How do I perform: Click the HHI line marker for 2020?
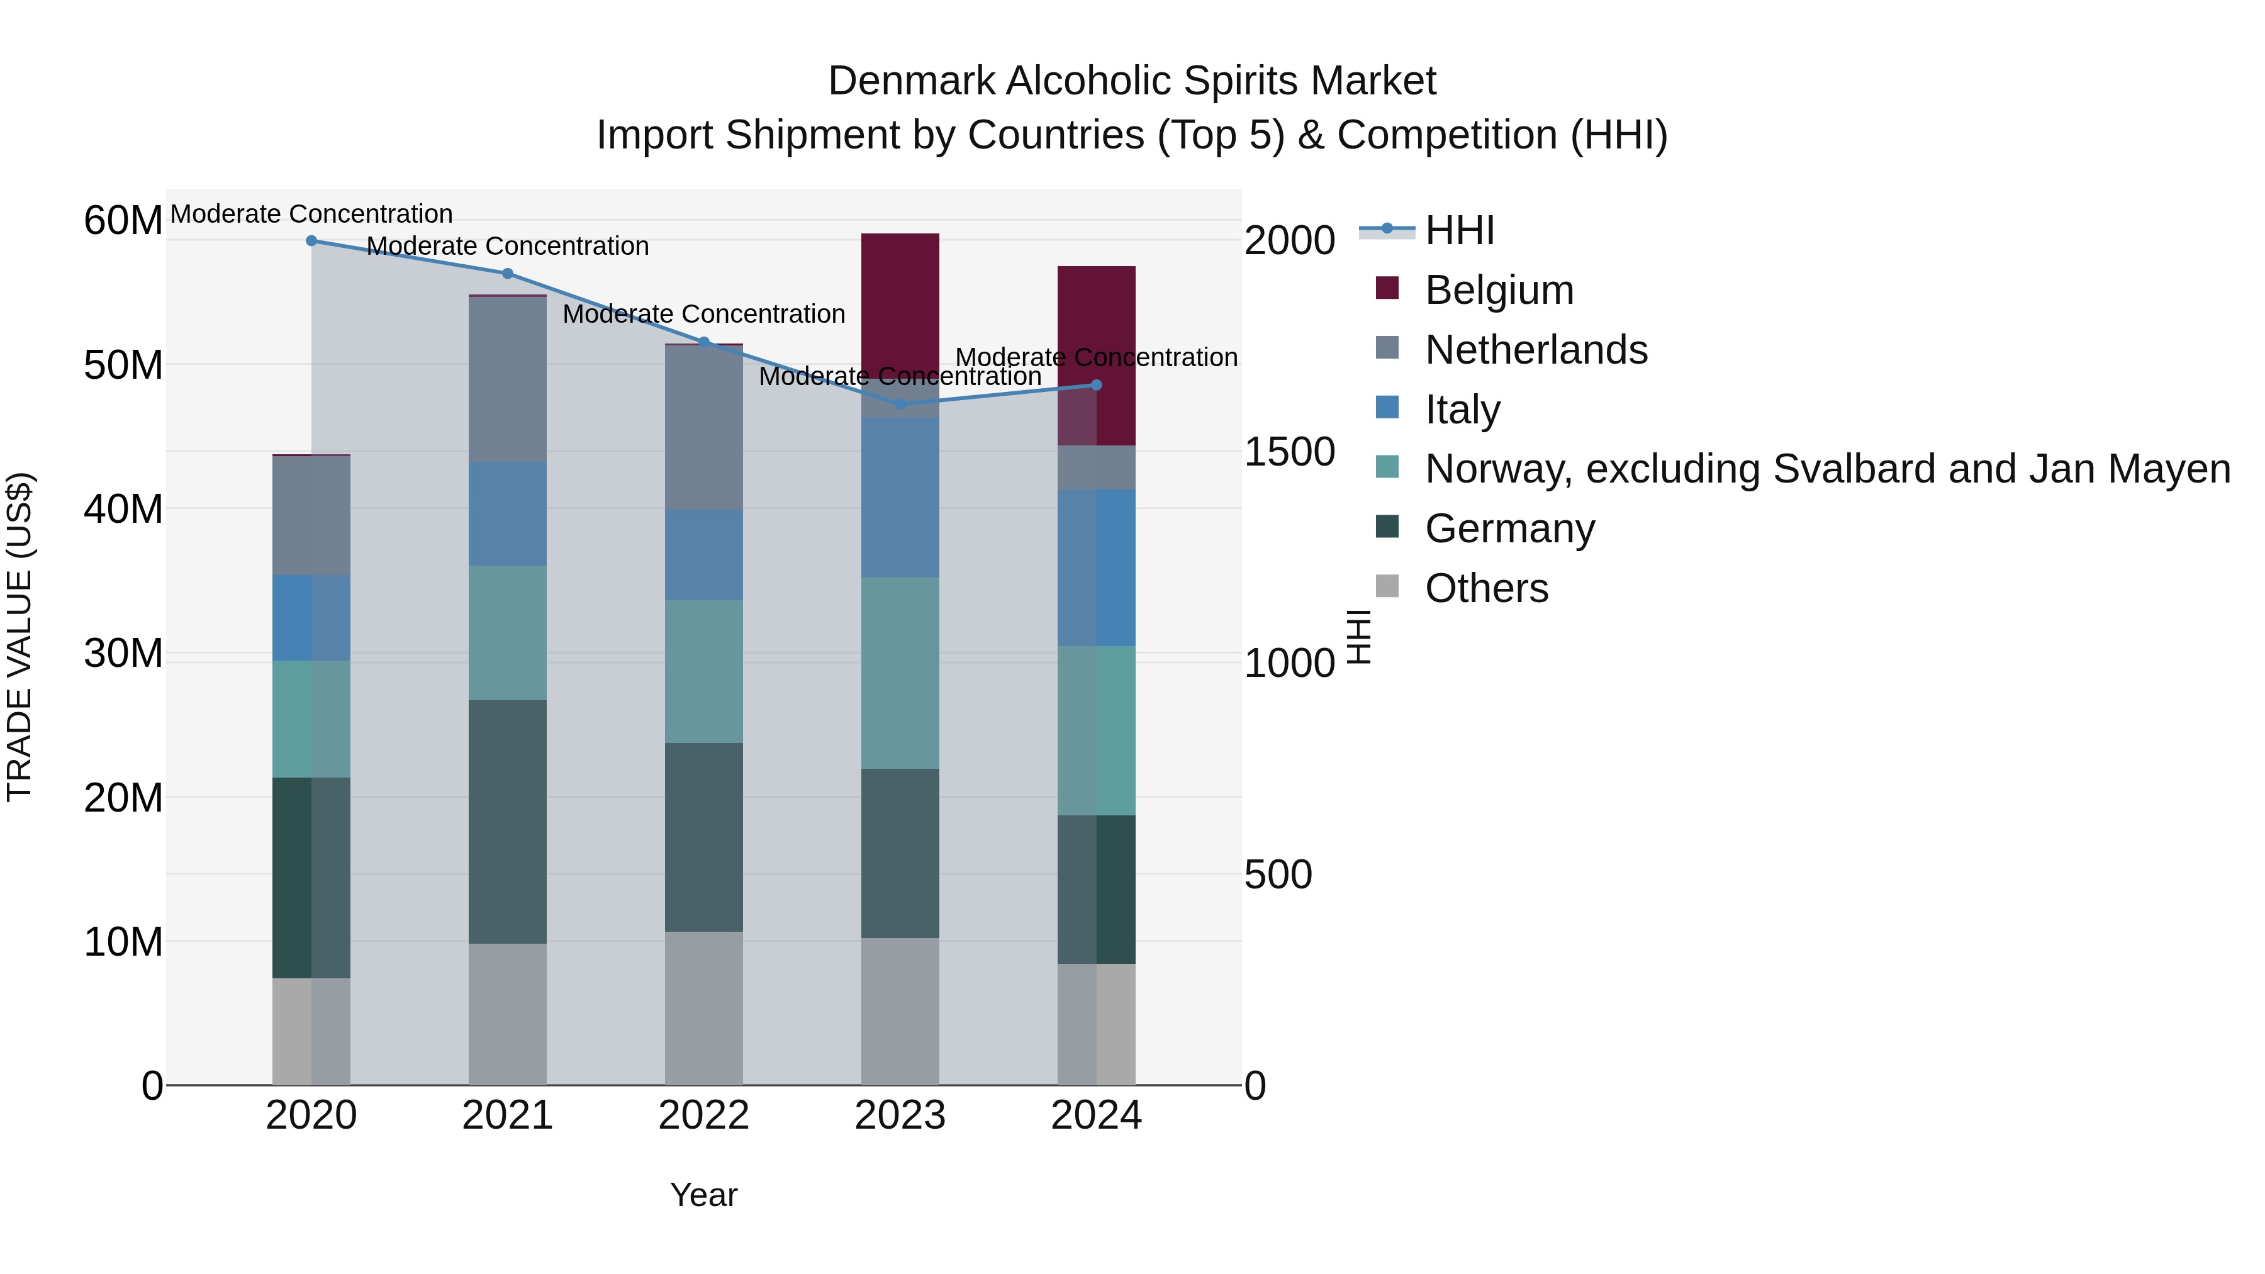click(311, 241)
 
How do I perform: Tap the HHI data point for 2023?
click(900, 405)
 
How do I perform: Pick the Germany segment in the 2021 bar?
click(507, 822)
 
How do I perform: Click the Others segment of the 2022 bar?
click(703, 1008)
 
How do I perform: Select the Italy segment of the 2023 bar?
click(900, 498)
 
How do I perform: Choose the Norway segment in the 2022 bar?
click(703, 672)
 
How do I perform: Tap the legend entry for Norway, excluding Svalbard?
click(1827, 469)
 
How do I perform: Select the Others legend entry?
click(1486, 588)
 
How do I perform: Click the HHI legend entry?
click(1460, 230)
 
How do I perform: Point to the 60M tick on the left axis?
click(123, 220)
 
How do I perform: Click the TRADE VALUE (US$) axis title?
click(20, 637)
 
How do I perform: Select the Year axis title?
click(703, 1195)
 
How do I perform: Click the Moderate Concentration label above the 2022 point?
click(703, 314)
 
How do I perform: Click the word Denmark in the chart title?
click(911, 81)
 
